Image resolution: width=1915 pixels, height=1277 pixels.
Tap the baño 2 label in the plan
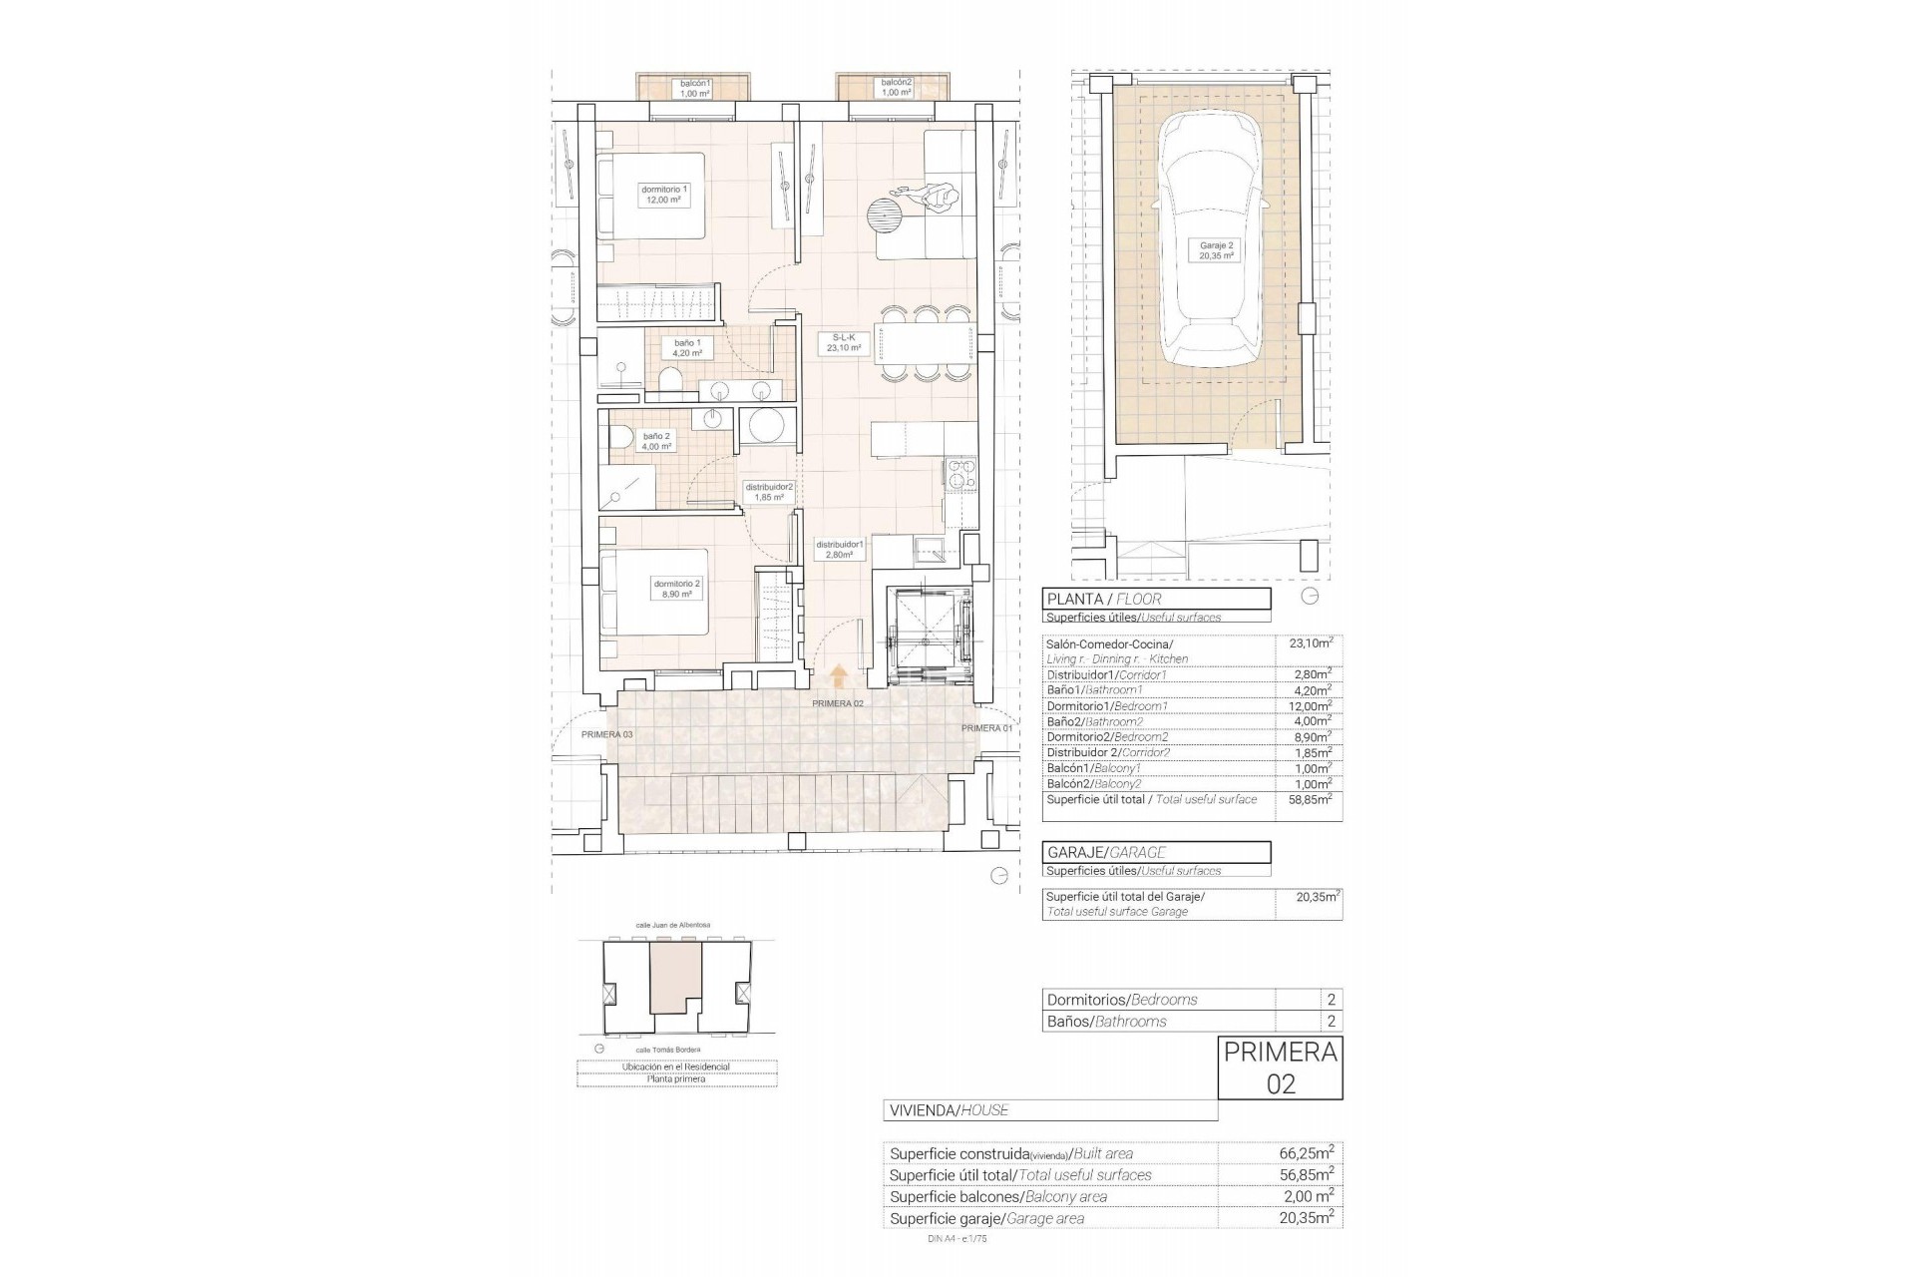pyautogui.click(x=655, y=441)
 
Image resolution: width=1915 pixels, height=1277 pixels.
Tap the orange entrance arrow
pyautogui.click(x=839, y=676)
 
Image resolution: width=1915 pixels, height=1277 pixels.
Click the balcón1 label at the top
pyautogui.click(x=694, y=88)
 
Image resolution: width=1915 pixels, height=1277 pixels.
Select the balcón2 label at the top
pyautogui.click(x=896, y=88)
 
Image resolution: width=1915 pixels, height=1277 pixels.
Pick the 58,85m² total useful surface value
pyautogui.click(x=1310, y=800)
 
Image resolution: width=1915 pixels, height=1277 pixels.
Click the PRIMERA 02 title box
pyautogui.click(x=1280, y=1068)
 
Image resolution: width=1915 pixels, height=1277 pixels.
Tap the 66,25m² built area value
pyautogui.click(x=1306, y=1153)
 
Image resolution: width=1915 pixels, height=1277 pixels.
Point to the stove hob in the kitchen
pyautogui.click(x=961, y=475)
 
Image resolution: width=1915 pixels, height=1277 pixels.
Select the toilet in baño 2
pyautogui.click(x=619, y=438)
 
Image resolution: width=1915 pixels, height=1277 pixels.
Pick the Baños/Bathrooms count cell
pyautogui.click(x=1330, y=1022)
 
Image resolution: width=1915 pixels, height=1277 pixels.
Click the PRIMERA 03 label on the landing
pyautogui.click(x=606, y=734)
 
